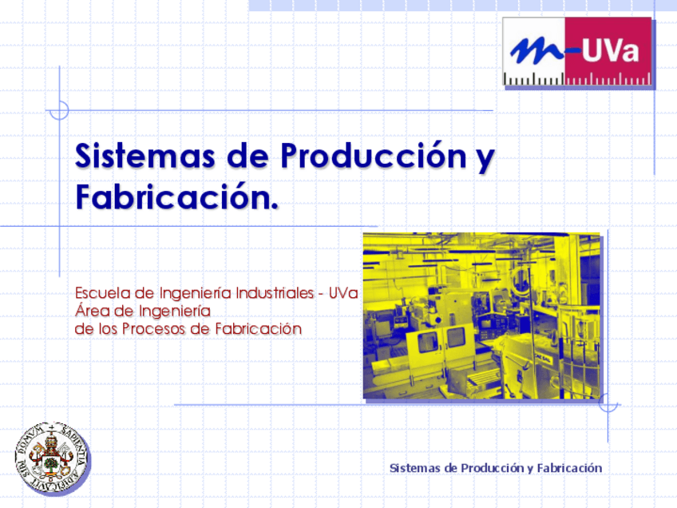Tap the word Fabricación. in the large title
pyautogui.click(x=176, y=196)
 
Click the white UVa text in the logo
pyautogui.click(x=609, y=52)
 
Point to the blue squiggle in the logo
pyautogui.click(x=536, y=52)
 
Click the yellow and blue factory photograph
pyautogui.click(x=481, y=316)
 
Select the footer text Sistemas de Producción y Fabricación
pyautogui.click(x=495, y=468)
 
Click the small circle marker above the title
pyautogui.click(x=59, y=110)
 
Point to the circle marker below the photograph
pyautogui.click(x=608, y=405)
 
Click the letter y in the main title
pyautogui.click(x=484, y=158)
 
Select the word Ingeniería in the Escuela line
pyautogui.click(x=196, y=292)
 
